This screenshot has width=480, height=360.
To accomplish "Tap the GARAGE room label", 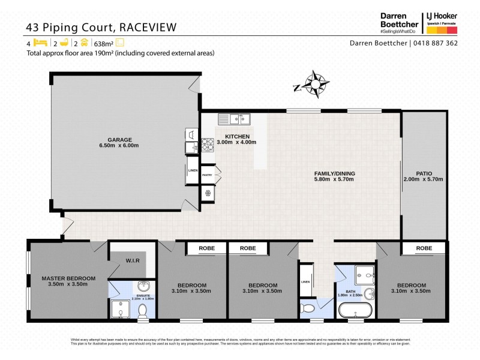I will (x=119, y=142).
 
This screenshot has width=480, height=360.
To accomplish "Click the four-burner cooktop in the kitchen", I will (x=208, y=144).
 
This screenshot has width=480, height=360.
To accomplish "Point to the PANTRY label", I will (x=207, y=175).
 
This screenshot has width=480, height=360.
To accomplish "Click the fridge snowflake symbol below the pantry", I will (x=208, y=193).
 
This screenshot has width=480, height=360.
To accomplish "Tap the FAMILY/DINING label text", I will (x=334, y=174).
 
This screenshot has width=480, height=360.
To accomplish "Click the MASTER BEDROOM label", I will (x=68, y=278).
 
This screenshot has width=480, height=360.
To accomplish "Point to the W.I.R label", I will (x=133, y=260).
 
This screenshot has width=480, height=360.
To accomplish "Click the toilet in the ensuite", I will (x=143, y=310).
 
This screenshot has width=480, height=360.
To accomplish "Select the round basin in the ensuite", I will (x=143, y=286).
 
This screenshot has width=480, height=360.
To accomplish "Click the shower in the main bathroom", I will (x=364, y=274).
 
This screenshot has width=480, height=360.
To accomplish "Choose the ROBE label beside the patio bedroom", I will (x=424, y=248).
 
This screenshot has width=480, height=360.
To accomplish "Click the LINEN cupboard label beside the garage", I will (x=193, y=170).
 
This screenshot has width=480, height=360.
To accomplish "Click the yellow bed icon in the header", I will (x=40, y=43).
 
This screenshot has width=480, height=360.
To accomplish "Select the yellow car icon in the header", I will (x=85, y=43).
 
